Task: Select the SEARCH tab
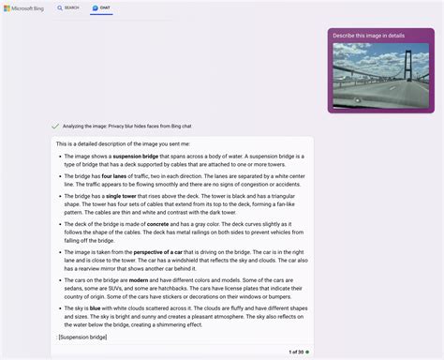coord(68,7)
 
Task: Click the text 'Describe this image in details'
coord(369,36)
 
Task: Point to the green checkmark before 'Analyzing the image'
coord(55,126)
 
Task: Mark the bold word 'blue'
coord(96,307)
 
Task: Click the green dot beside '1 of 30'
coord(307,352)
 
